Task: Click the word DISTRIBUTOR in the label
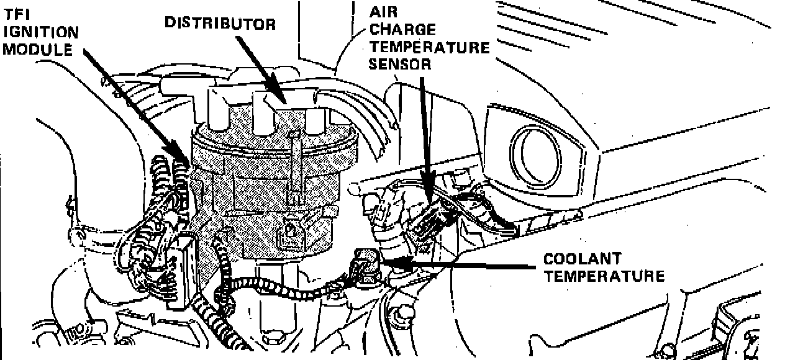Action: click(220, 24)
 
